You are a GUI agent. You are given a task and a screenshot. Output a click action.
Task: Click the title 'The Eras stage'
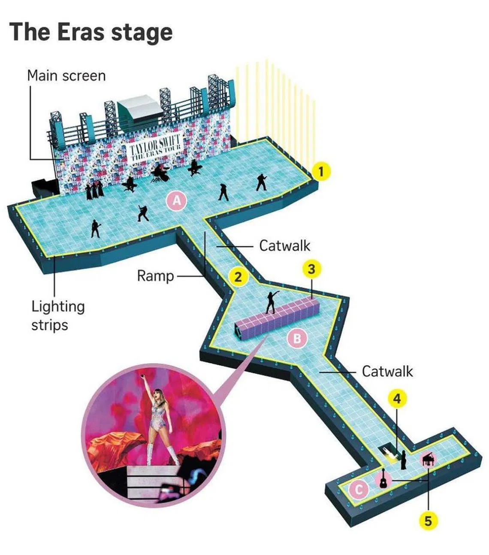click(x=91, y=32)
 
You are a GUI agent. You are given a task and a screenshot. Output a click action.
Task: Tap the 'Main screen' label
click(x=66, y=76)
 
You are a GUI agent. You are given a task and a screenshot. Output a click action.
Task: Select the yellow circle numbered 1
click(x=322, y=171)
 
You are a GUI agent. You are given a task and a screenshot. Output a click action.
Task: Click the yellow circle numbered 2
click(x=238, y=277)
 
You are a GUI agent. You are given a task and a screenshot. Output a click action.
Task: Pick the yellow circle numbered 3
click(x=312, y=269)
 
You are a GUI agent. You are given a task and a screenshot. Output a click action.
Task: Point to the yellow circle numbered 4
click(x=397, y=399)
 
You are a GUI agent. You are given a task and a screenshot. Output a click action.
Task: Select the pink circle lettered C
click(x=359, y=489)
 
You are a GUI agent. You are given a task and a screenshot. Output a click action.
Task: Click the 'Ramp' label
click(x=155, y=276)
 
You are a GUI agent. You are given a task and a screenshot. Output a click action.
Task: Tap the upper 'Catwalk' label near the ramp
click(x=284, y=246)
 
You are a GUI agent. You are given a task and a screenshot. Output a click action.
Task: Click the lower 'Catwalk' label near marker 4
click(x=387, y=371)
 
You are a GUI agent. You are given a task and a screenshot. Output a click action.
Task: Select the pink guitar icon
click(x=383, y=478)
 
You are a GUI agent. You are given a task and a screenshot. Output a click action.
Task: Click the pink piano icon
click(x=429, y=461)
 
